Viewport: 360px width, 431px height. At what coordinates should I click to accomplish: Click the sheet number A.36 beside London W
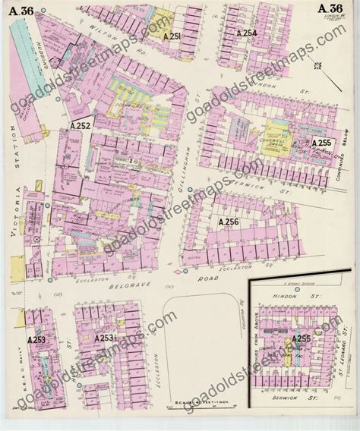(x=329, y=8)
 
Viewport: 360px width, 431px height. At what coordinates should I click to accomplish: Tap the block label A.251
(x=172, y=36)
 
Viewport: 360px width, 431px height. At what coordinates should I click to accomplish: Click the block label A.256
(x=229, y=222)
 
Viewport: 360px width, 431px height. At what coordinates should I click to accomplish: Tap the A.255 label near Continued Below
(x=322, y=142)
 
